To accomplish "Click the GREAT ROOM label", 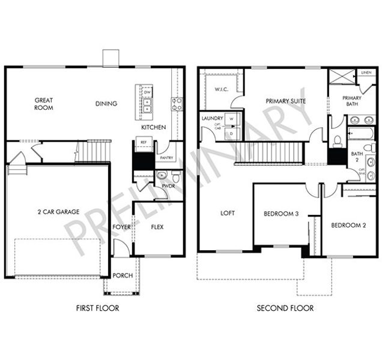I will point(44,104).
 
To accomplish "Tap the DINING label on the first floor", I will point(106,104).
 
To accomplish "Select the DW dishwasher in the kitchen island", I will point(147,92).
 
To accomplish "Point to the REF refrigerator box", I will point(144,142).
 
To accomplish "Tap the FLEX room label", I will point(157,227).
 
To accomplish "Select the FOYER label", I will point(121,227).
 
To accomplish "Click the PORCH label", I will point(123,275).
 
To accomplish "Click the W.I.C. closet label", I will point(221,89).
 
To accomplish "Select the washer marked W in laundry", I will point(232,118).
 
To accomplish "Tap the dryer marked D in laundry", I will point(232,134).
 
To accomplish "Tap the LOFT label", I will point(228,213).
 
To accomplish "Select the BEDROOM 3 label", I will point(281,214).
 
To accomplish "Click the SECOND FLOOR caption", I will point(285,308).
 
